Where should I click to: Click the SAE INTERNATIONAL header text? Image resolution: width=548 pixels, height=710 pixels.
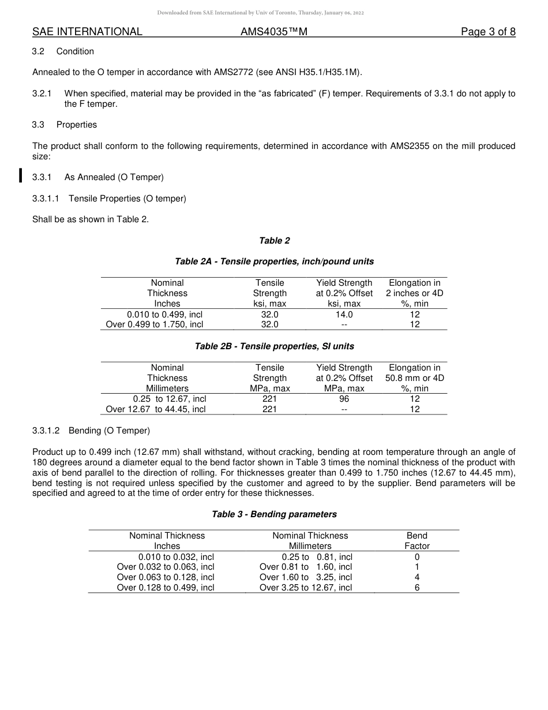87,32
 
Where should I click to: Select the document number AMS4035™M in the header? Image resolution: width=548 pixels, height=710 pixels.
273,32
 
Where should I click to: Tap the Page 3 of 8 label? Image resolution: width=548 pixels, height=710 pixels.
488,32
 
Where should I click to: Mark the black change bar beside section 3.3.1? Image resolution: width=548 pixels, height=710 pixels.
21,175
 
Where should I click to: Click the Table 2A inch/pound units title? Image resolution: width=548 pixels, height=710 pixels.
274,261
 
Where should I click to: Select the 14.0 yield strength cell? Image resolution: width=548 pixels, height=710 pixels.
344,315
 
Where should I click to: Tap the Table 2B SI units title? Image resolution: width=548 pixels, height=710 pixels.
274,346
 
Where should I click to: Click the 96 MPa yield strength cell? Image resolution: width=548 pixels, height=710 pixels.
344,399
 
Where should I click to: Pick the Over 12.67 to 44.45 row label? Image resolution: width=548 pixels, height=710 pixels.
156,409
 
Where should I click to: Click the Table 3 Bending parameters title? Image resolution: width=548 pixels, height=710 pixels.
274,514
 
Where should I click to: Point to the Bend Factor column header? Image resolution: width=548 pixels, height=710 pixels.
417,540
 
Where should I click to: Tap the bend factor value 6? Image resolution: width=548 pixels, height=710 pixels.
417,588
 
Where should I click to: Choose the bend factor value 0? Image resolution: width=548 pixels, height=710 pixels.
417,557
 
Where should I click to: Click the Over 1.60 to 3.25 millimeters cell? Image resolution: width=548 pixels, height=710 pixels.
306,577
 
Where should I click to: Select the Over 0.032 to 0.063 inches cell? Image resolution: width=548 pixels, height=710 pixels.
166,567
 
